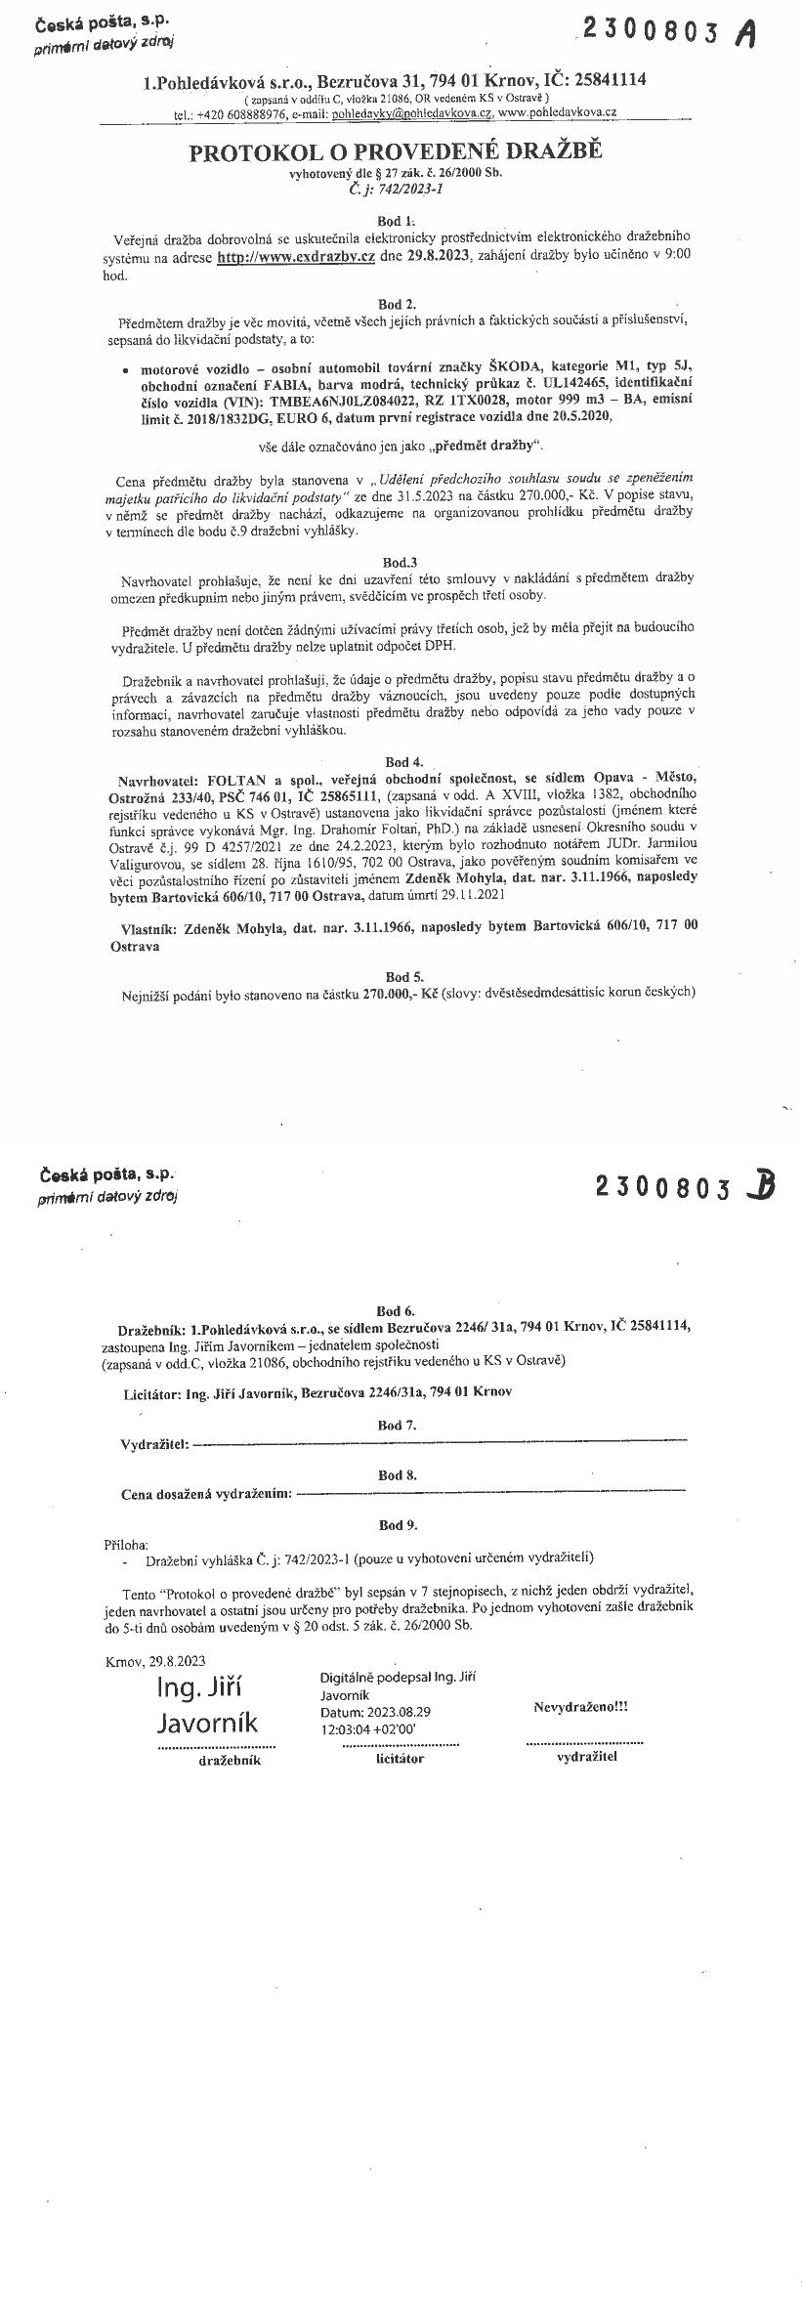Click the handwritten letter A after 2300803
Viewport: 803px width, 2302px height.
tap(746, 34)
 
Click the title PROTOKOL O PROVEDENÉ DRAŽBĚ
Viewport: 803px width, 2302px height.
tap(396, 152)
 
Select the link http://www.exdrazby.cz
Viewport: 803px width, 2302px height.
tap(296, 256)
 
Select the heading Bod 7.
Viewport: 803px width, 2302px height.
tap(397, 1426)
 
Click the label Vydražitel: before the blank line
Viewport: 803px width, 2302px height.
tap(154, 1444)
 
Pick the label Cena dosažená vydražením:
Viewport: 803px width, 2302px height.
tap(206, 1494)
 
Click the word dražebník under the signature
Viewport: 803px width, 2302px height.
tap(230, 1761)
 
